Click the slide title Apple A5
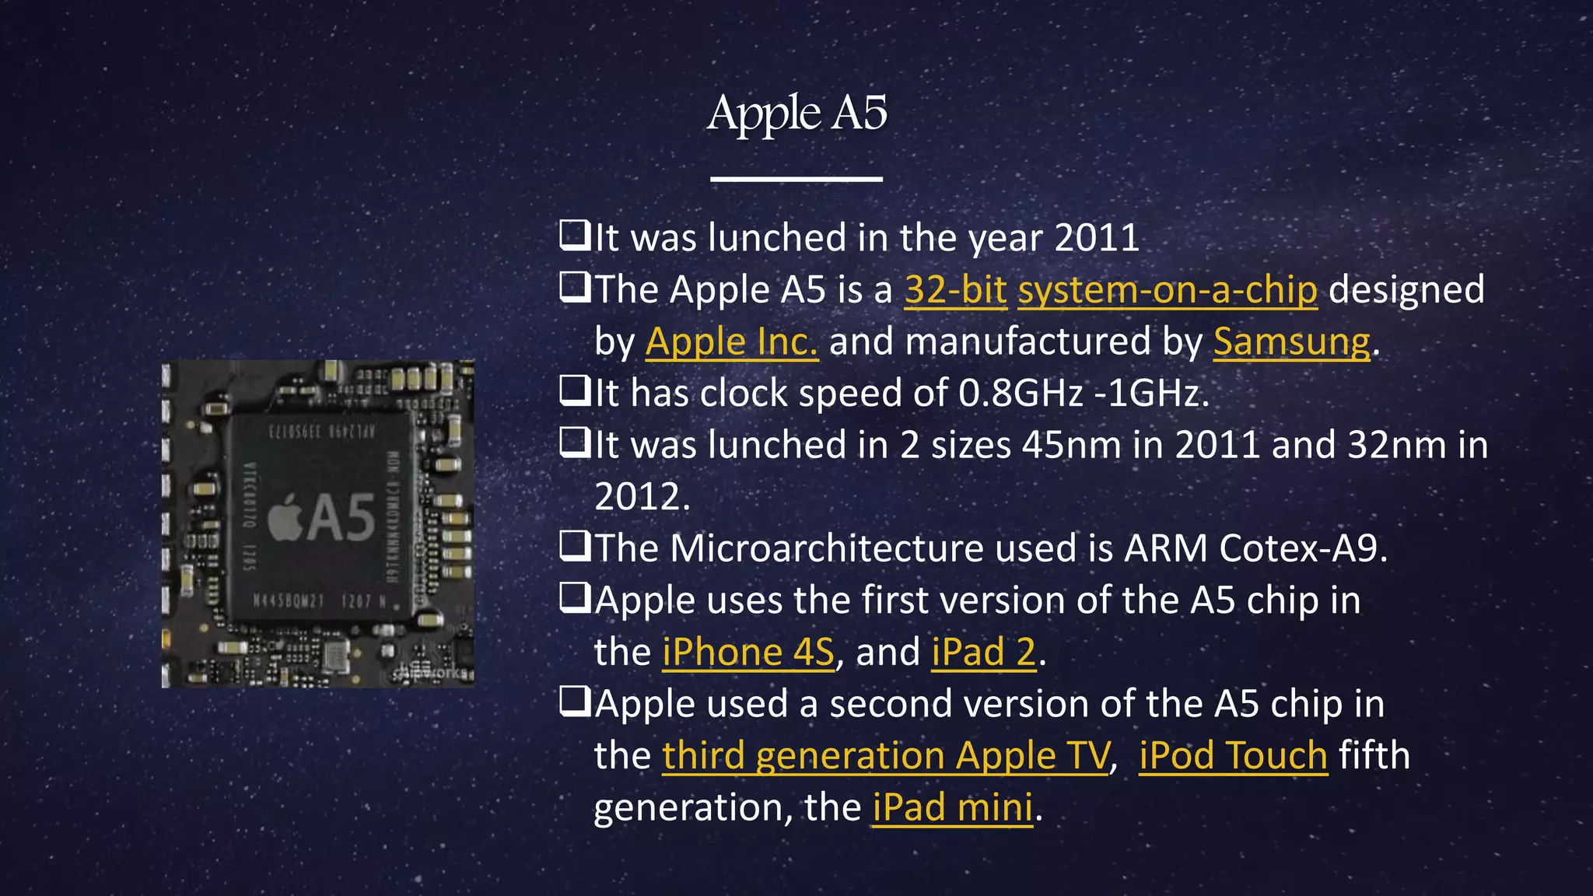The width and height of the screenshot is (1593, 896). tap(796, 114)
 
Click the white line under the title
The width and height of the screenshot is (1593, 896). tap(796, 179)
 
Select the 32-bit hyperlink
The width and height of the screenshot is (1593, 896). tap(955, 290)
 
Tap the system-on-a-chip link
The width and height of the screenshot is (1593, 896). tap(1167, 290)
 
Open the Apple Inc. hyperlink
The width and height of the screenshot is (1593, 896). tap(731, 342)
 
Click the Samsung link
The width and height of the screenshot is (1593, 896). tap(1291, 342)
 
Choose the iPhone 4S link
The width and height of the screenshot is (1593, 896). tap(747, 652)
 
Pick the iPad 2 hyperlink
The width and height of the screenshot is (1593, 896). tap(984, 652)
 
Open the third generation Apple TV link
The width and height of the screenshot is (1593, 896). tap(885, 755)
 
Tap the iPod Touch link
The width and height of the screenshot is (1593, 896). tap(1233, 755)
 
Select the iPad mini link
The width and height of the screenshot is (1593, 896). tap(952, 807)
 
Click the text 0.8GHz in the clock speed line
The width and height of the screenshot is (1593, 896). tap(1021, 394)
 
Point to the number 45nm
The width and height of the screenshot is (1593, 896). tap(1071, 446)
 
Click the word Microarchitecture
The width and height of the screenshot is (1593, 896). tap(826, 548)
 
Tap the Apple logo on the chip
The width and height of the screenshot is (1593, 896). tap(285, 516)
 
